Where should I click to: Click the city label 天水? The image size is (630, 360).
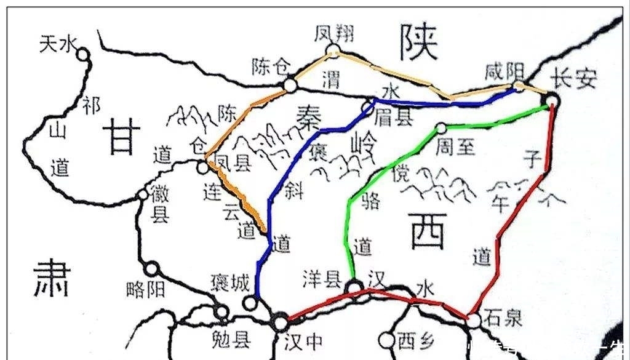point(58,44)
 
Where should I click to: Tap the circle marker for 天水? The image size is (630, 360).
point(82,55)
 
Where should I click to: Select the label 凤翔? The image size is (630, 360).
point(333,33)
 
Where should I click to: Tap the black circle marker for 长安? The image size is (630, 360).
point(552,100)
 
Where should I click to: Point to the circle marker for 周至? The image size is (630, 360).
point(441,128)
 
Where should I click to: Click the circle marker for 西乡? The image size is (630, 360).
point(386,339)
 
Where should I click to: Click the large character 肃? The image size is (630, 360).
point(52,278)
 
